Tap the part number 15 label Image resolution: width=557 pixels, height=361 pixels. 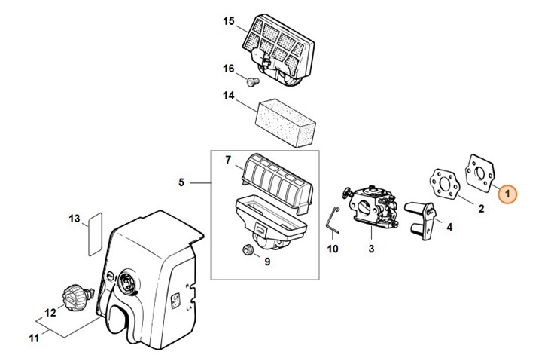pyautogui.click(x=229, y=20)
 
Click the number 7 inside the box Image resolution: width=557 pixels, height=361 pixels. pyautogui.click(x=227, y=160)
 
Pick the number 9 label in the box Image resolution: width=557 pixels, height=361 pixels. pyautogui.click(x=266, y=262)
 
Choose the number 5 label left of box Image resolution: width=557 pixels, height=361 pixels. pyautogui.click(x=181, y=182)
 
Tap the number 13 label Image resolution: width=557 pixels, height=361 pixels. pyautogui.click(x=74, y=219)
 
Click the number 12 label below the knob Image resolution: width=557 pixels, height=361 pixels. pyautogui.click(x=50, y=312)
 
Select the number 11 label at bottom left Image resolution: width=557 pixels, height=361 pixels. pyautogui.click(x=33, y=338)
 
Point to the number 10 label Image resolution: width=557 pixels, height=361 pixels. pyautogui.click(x=333, y=249)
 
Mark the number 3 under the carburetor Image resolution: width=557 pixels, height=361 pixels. pyautogui.click(x=371, y=249)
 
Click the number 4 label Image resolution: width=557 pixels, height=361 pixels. pyautogui.click(x=449, y=226)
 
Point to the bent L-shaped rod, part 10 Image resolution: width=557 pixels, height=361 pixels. pyautogui.click(x=332, y=222)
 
